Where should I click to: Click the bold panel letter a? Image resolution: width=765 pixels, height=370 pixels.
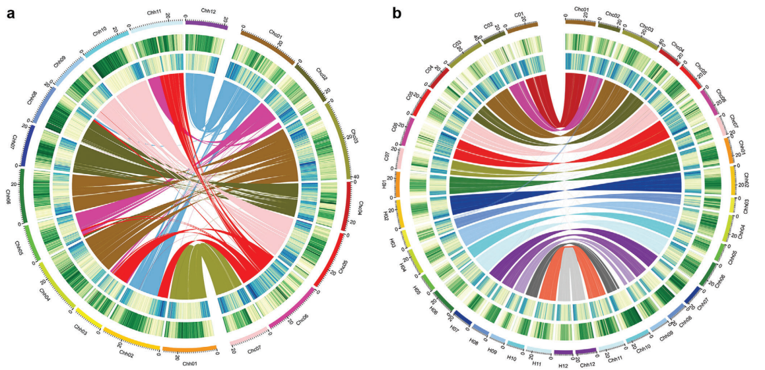tap(11, 12)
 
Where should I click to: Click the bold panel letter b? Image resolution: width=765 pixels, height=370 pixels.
tap(397, 12)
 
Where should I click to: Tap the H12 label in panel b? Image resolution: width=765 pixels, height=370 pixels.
tap(562, 365)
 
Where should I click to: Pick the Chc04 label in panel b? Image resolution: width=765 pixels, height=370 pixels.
tap(678, 48)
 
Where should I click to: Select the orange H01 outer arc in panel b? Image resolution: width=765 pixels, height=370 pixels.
tap(397, 185)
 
